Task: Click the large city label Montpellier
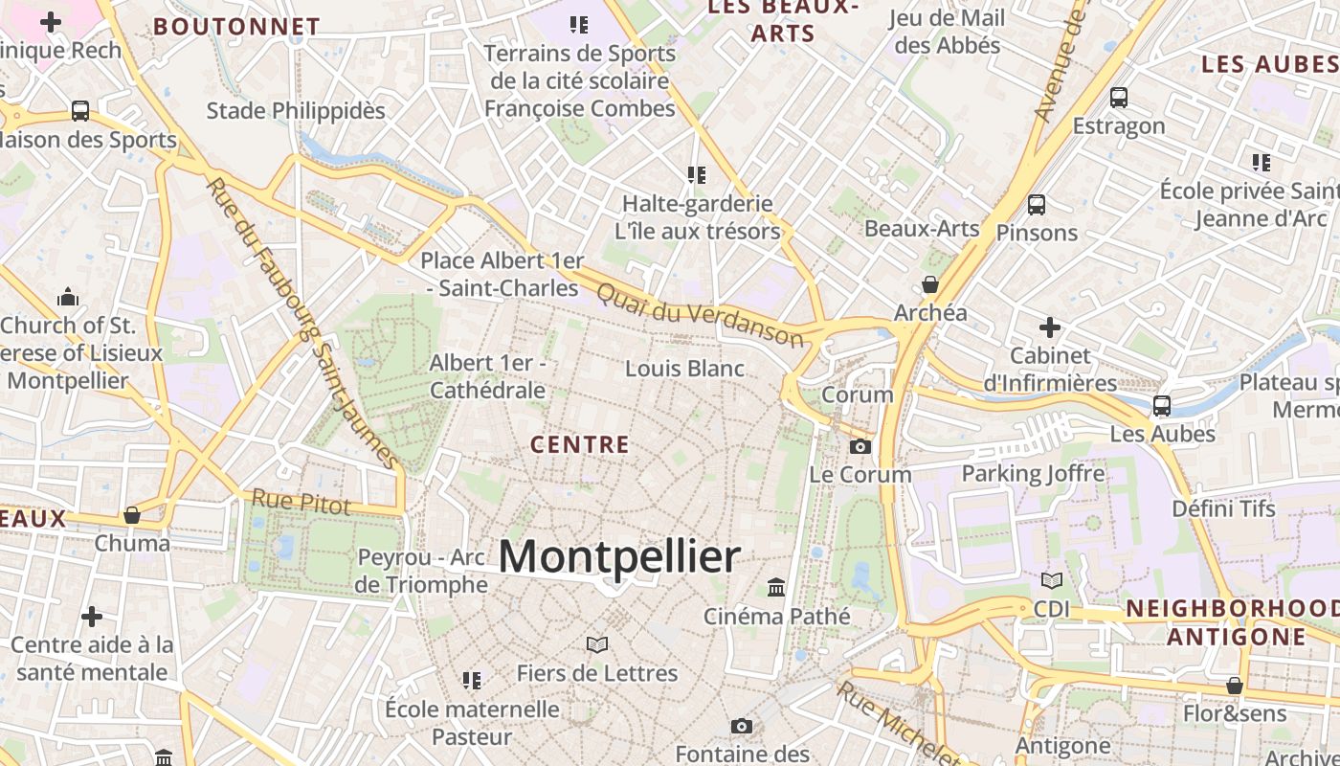(x=619, y=556)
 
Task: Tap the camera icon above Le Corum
(x=860, y=446)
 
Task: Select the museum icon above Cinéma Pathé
(x=776, y=586)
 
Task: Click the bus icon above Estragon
(x=1118, y=97)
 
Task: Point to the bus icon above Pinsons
(x=1036, y=204)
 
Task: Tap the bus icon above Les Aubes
(x=1161, y=405)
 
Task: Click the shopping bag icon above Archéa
(x=929, y=284)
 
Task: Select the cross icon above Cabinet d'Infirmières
(x=1050, y=327)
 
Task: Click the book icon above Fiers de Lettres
(x=597, y=644)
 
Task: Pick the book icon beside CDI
(x=1051, y=580)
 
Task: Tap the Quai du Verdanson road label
(x=700, y=313)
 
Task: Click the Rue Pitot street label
(x=301, y=501)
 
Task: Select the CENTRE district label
(x=580, y=444)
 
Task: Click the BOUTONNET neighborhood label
(x=236, y=26)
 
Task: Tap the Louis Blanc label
(x=684, y=368)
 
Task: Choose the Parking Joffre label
(x=1033, y=473)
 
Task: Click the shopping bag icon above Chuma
(x=132, y=515)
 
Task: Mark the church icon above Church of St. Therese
(x=67, y=297)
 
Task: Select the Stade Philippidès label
(x=296, y=110)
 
